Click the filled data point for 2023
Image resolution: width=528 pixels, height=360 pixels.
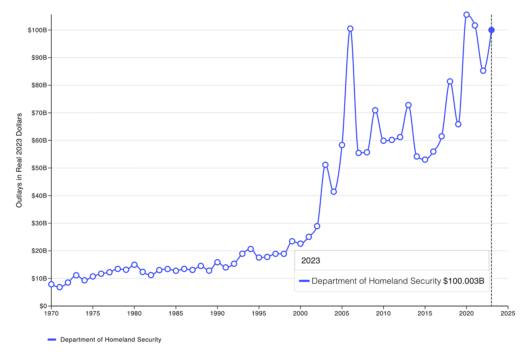pos(491,30)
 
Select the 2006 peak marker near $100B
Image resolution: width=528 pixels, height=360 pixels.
pos(350,29)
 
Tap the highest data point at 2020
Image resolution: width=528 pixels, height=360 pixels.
pos(467,15)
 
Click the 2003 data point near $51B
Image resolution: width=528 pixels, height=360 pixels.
pos(325,165)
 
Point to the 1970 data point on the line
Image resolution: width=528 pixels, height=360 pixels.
pos(51,284)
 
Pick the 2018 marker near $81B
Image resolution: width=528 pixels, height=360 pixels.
pos(450,82)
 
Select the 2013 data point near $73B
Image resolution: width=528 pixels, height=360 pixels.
pos(408,105)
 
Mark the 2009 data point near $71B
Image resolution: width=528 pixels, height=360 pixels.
pos(375,111)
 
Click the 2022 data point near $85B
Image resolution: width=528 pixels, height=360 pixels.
pos(483,71)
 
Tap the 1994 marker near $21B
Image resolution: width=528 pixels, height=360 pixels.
pos(251,249)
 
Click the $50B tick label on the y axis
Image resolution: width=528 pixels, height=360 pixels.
pos(39,168)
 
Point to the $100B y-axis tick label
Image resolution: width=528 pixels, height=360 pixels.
pos(38,30)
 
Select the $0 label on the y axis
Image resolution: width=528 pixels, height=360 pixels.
pos(43,306)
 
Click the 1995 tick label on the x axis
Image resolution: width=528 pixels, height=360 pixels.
pos(259,314)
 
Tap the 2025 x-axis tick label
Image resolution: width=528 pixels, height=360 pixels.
pos(508,314)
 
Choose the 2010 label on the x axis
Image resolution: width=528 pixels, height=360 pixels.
pos(384,314)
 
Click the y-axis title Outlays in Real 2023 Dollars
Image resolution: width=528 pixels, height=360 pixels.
pos(19,160)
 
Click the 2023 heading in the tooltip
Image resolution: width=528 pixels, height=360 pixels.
pos(310,261)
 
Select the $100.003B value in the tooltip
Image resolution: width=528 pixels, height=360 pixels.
pos(464,281)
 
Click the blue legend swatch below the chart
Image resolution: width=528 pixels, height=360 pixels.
pos(52,340)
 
